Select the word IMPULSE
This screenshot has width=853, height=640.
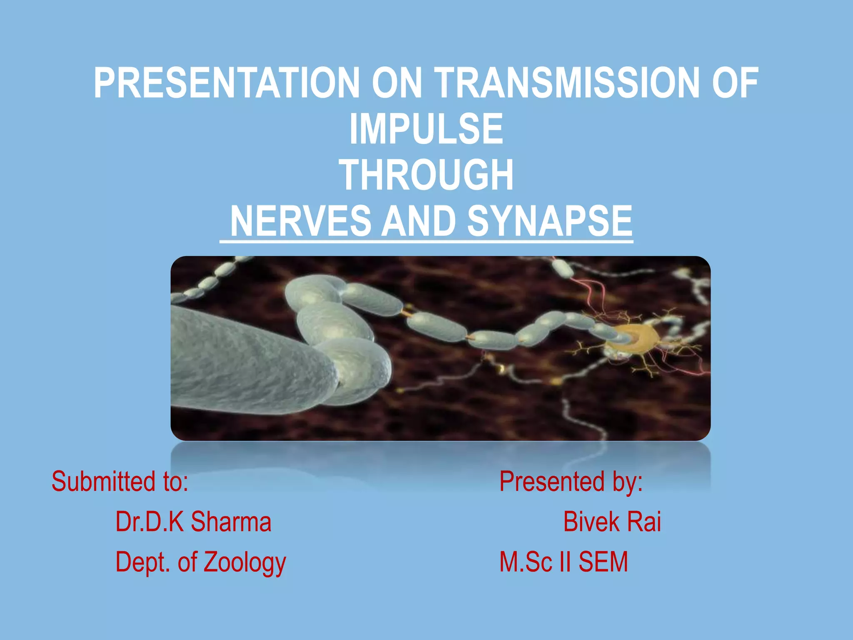426,130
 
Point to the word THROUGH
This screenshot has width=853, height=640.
426,175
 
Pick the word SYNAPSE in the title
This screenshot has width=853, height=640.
549,221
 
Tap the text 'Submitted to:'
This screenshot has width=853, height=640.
120,482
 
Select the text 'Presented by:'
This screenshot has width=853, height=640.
571,482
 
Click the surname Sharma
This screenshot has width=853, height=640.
231,522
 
